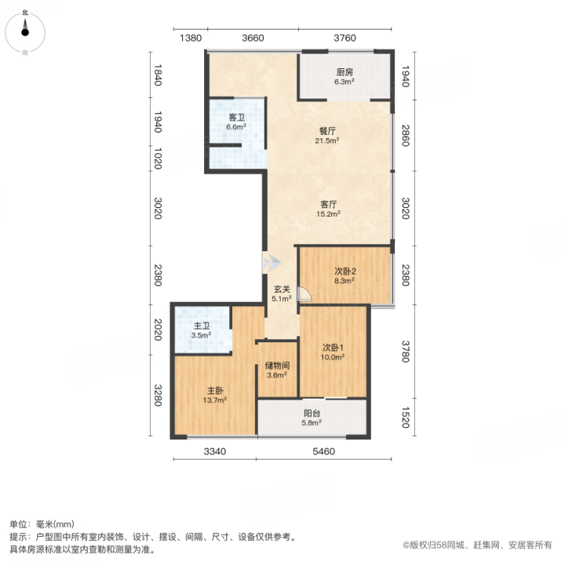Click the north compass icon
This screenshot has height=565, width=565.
pyautogui.click(x=25, y=32)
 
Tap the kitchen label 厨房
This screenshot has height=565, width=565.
pyautogui.click(x=344, y=72)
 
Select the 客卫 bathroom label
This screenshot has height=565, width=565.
pyautogui.click(x=236, y=118)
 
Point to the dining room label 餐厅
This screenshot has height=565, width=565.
pyautogui.click(x=327, y=131)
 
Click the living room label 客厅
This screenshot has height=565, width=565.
pyautogui.click(x=329, y=204)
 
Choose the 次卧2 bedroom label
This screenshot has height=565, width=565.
pyautogui.click(x=345, y=272)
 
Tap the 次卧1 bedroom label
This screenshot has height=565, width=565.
pyautogui.click(x=333, y=348)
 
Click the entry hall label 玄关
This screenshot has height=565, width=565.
pyautogui.click(x=282, y=290)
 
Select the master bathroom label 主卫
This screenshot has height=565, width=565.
pyautogui.click(x=202, y=326)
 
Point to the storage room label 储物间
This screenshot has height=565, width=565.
pyautogui.click(x=277, y=366)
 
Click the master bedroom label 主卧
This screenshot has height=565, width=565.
pyautogui.click(x=215, y=391)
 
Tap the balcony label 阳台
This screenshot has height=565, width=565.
pyautogui.click(x=312, y=414)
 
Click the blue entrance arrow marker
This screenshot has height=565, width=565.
pyautogui.click(x=272, y=263)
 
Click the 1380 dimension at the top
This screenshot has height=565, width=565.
pyautogui.click(x=191, y=38)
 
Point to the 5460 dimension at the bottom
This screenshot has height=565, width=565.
pyautogui.click(x=323, y=451)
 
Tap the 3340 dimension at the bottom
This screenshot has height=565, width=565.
pyautogui.click(x=215, y=451)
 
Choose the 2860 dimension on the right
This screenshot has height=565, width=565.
pyautogui.click(x=406, y=136)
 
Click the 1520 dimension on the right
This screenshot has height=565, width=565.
pyautogui.click(x=406, y=417)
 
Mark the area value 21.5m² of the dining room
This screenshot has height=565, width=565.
pyautogui.click(x=327, y=140)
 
